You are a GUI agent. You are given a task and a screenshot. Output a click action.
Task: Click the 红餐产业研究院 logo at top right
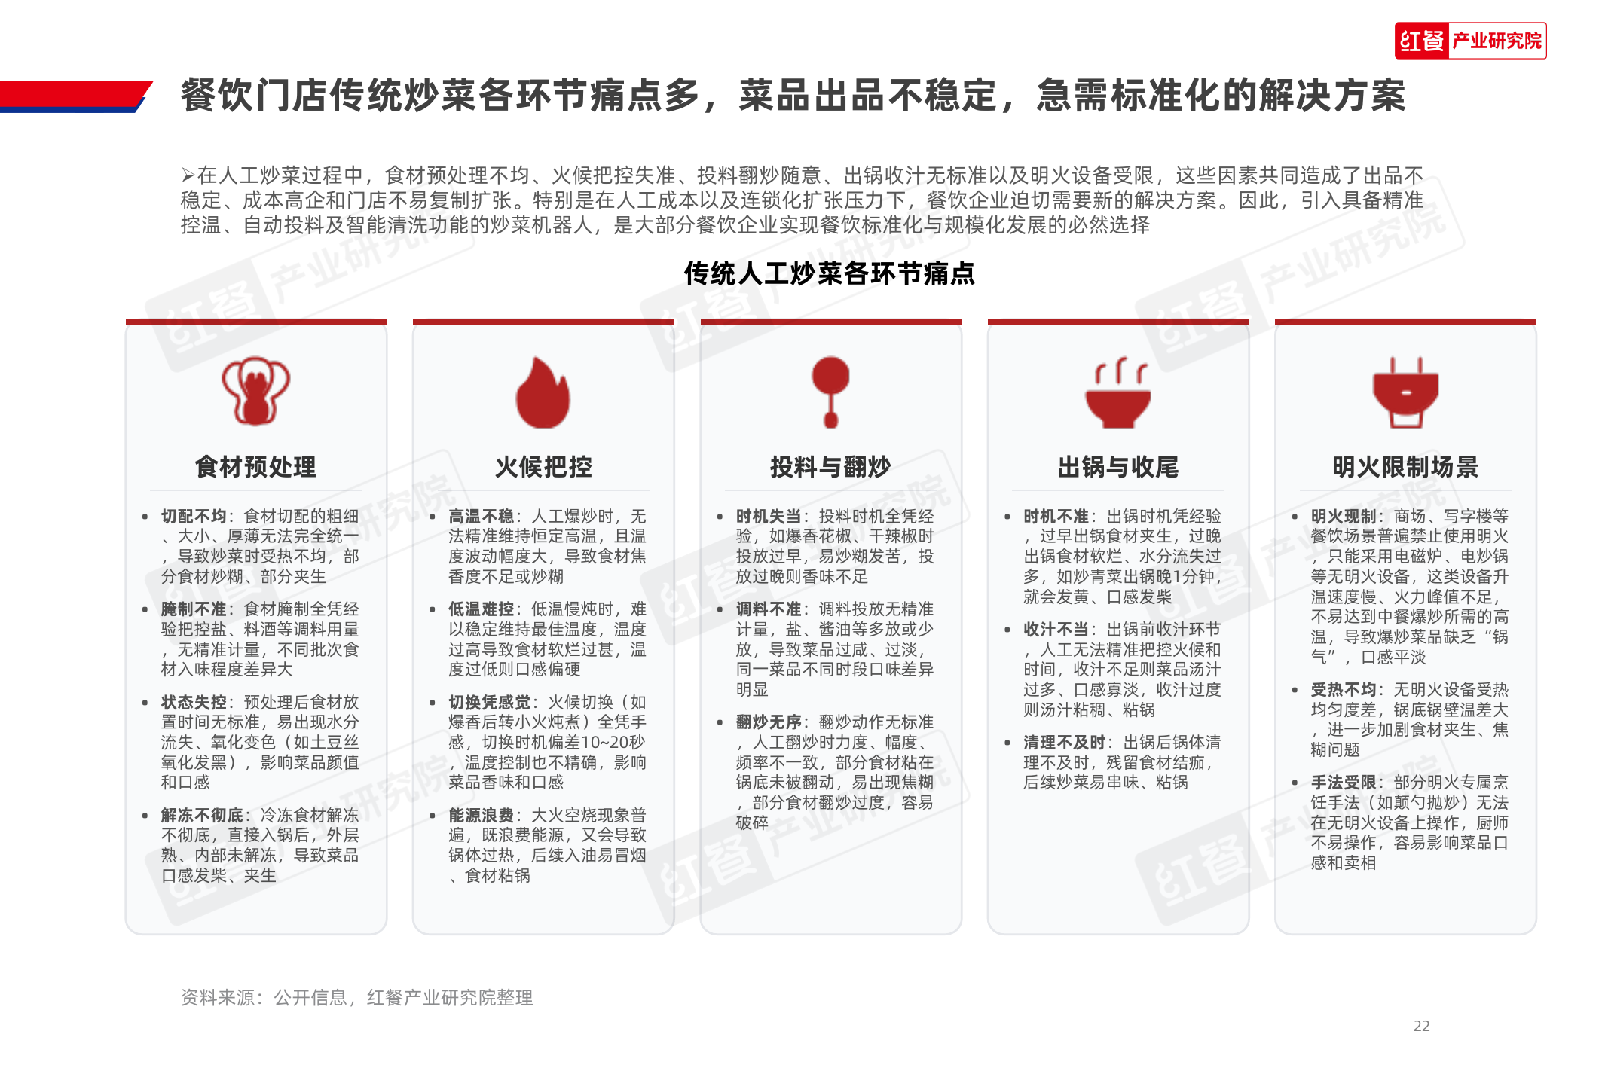click(1469, 41)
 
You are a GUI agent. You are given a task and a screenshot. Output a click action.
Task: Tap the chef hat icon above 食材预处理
click(255, 391)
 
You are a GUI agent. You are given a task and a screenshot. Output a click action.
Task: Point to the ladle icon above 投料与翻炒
click(830, 391)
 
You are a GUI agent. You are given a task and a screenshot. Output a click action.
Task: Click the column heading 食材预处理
click(255, 467)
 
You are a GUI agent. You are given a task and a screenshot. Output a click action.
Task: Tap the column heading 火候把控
click(543, 467)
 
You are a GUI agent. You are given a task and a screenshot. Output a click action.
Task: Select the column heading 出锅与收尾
click(1118, 467)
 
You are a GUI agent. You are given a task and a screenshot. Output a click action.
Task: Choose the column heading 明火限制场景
click(1405, 467)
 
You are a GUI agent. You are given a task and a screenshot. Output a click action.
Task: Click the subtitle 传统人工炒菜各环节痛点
click(829, 273)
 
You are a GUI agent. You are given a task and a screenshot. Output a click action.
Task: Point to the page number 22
click(1421, 1026)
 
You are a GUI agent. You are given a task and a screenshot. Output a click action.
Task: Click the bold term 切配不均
click(194, 517)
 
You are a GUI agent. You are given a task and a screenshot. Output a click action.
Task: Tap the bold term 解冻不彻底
click(202, 816)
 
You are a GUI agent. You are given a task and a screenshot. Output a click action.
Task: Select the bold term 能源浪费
click(481, 816)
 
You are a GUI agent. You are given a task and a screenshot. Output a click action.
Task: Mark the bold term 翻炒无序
click(768, 722)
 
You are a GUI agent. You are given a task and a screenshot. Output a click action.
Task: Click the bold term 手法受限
click(1343, 783)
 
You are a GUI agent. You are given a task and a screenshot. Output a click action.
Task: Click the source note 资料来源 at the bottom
click(356, 998)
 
